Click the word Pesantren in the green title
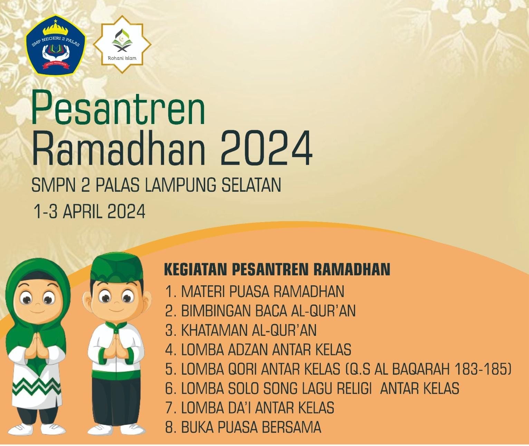(x=118, y=108)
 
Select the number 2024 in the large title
(x=266, y=148)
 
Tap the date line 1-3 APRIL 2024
(x=89, y=211)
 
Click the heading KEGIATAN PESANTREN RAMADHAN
(x=277, y=269)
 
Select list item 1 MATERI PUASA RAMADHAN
(x=255, y=292)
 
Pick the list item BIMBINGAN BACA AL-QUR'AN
(x=260, y=311)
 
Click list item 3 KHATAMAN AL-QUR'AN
(x=241, y=331)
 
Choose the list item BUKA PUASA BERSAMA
(x=243, y=428)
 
